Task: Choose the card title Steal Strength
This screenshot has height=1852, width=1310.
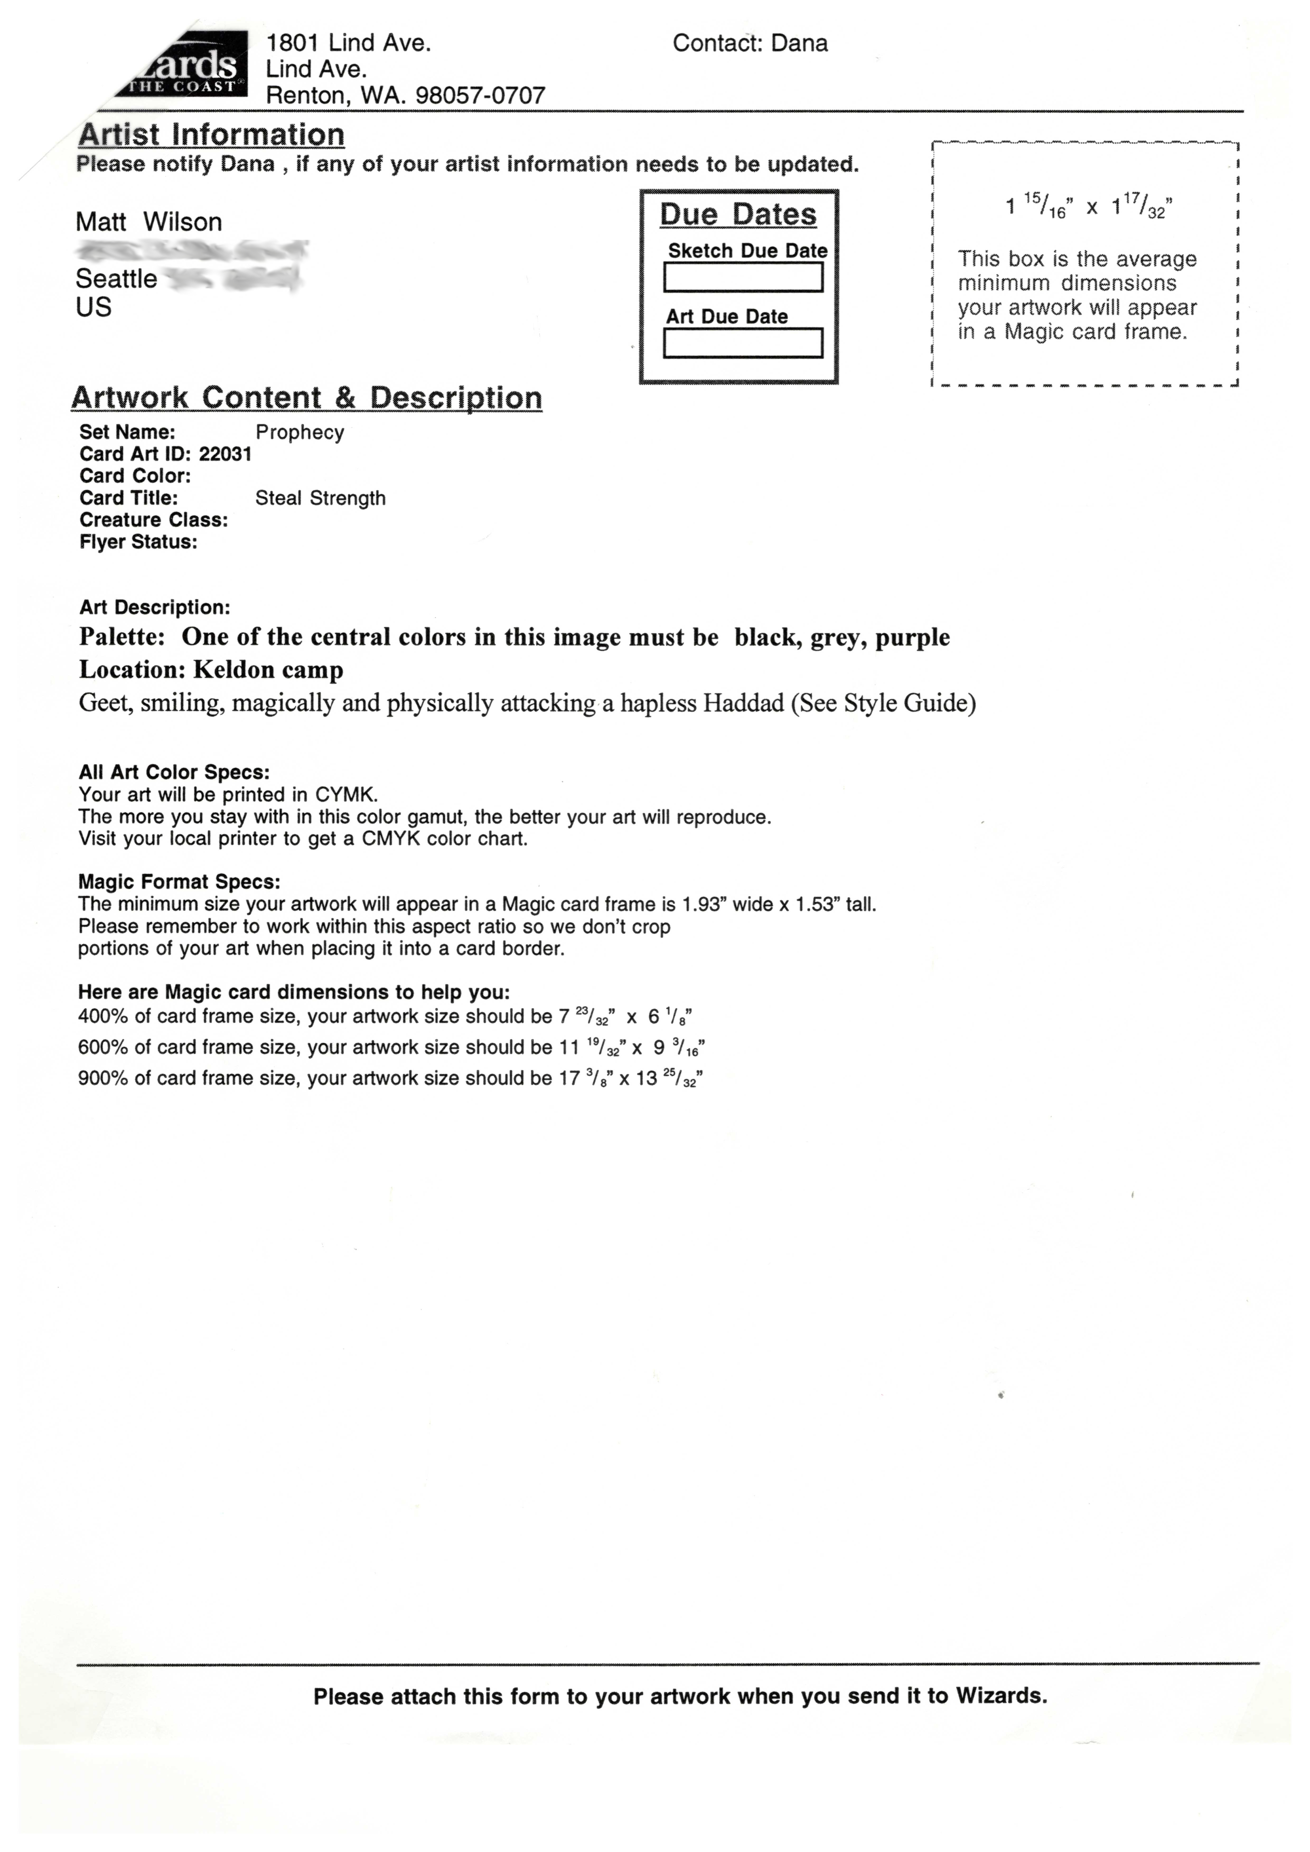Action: click(320, 499)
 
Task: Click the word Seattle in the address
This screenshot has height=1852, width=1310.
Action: click(116, 279)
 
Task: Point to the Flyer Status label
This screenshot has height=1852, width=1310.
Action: click(138, 542)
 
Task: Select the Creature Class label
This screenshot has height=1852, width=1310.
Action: click(153, 520)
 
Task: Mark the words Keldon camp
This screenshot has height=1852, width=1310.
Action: click(269, 670)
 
